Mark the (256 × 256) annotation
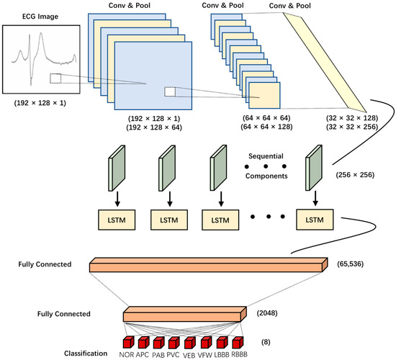click(356, 174)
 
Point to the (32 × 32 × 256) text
click(342, 126)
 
